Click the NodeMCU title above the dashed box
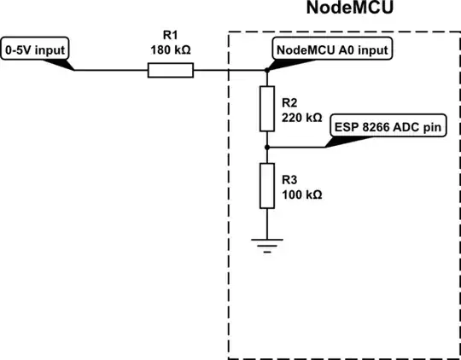click(x=342, y=10)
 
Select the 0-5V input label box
click(x=36, y=49)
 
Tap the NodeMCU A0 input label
click(x=334, y=49)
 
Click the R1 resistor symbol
click(x=170, y=71)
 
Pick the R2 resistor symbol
click(x=267, y=108)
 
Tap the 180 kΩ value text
click(x=170, y=49)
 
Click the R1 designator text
click(x=170, y=37)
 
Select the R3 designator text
click(x=288, y=179)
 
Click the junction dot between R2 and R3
click(x=267, y=147)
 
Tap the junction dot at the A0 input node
click(x=267, y=71)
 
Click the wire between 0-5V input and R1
click(x=111, y=71)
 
